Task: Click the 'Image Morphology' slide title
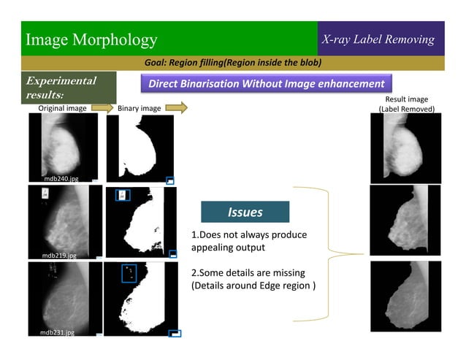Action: point(91,39)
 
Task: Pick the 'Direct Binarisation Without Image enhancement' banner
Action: point(266,83)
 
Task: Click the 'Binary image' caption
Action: point(139,108)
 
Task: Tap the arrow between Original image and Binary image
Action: point(101,108)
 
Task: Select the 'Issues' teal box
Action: point(245,212)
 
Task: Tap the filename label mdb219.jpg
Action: point(59,255)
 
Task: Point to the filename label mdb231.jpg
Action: point(57,332)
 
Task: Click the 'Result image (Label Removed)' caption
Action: point(406,104)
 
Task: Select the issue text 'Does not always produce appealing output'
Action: point(248,241)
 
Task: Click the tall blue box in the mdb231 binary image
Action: point(130,273)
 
